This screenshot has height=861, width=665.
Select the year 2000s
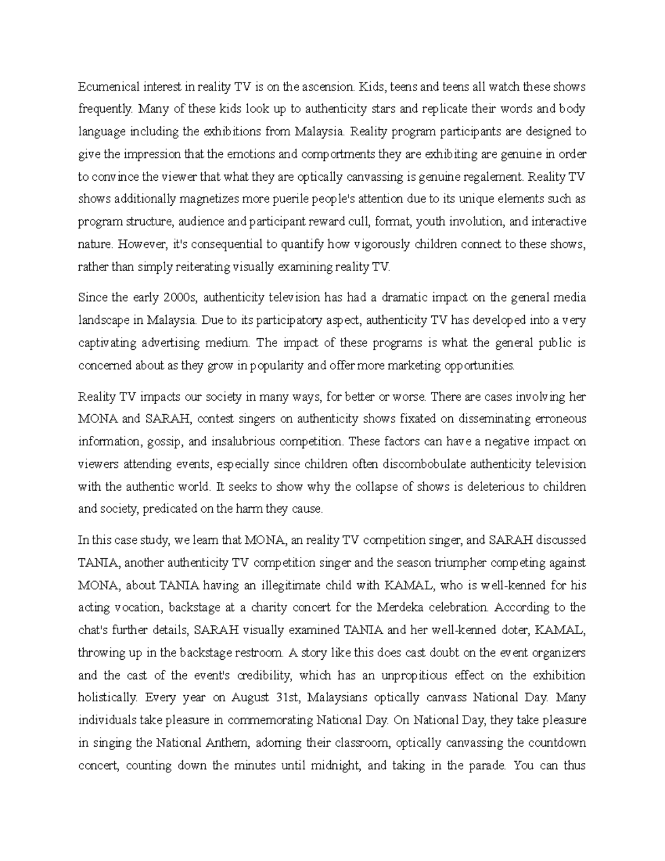pyautogui.click(x=180, y=298)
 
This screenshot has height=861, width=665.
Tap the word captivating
pyautogui.click(x=106, y=343)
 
